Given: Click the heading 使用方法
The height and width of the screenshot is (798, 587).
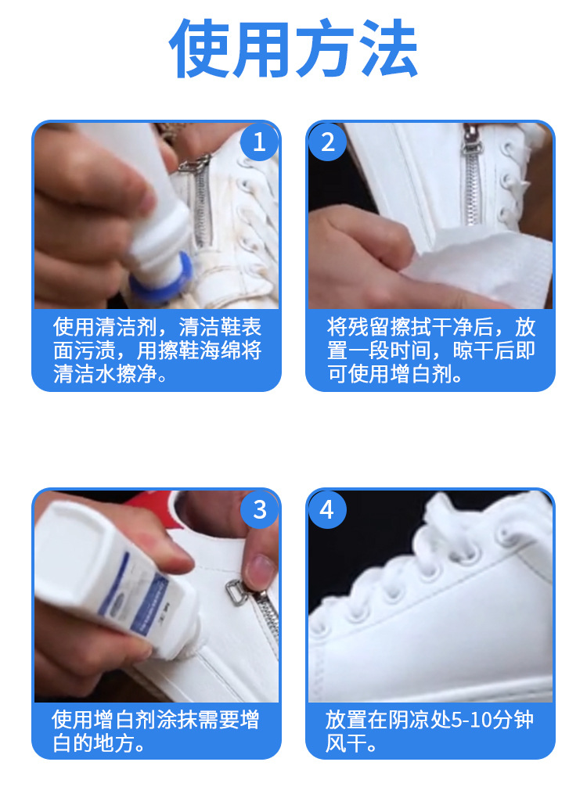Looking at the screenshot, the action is (293, 49).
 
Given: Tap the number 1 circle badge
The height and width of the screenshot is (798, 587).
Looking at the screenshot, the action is (259, 142).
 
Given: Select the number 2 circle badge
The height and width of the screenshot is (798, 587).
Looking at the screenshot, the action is (327, 142).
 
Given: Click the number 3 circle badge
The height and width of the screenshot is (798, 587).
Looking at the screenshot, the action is (259, 509).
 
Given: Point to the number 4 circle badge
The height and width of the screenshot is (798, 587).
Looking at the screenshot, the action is (327, 509).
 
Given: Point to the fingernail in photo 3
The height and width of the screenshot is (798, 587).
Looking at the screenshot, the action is (261, 571).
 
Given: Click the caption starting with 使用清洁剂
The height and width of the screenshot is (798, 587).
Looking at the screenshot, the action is (157, 350).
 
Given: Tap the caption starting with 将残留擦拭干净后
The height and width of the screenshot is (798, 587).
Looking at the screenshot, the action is (430, 350).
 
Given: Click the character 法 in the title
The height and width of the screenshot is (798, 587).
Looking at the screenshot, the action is (389, 49).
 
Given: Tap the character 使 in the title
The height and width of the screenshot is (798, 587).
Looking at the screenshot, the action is (199, 49).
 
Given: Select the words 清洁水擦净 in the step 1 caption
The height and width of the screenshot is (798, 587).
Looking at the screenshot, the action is (104, 374).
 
